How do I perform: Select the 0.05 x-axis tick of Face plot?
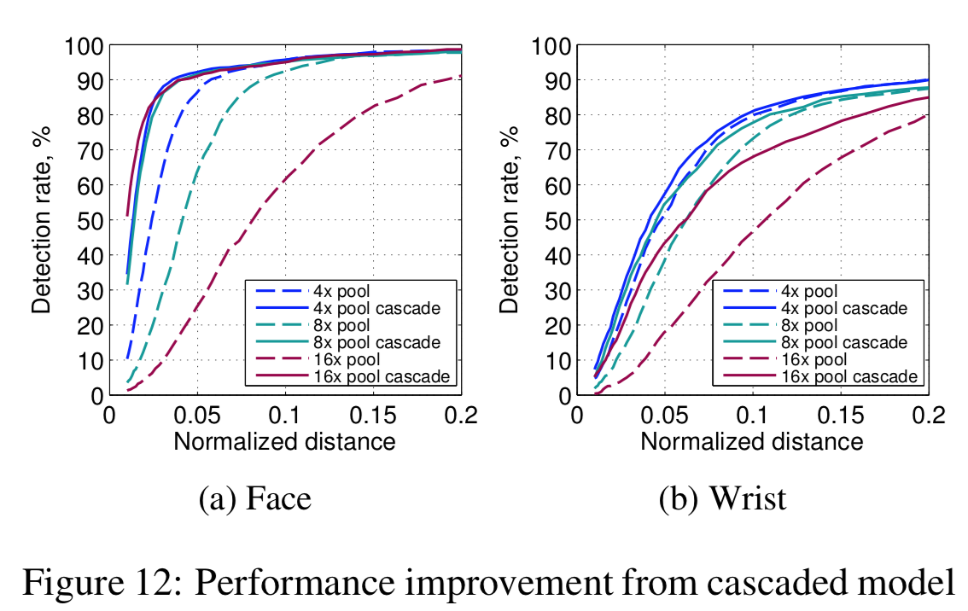(197, 416)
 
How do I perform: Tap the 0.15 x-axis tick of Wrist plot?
(840, 416)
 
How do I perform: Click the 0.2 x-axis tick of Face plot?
(461, 416)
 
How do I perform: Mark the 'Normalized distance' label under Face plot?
(284, 441)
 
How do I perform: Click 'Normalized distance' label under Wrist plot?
(751, 441)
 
